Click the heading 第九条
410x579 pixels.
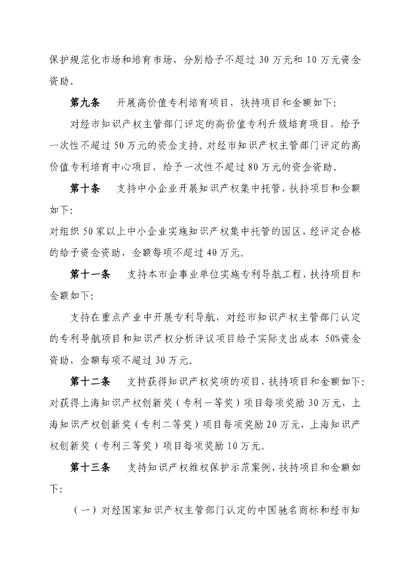[x=84, y=103]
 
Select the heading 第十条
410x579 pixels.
[x=84, y=189]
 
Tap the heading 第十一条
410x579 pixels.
[x=90, y=275]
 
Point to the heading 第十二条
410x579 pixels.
[x=90, y=382]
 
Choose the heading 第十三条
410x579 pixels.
[x=90, y=468]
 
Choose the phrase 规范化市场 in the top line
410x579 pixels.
[x=95, y=60]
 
